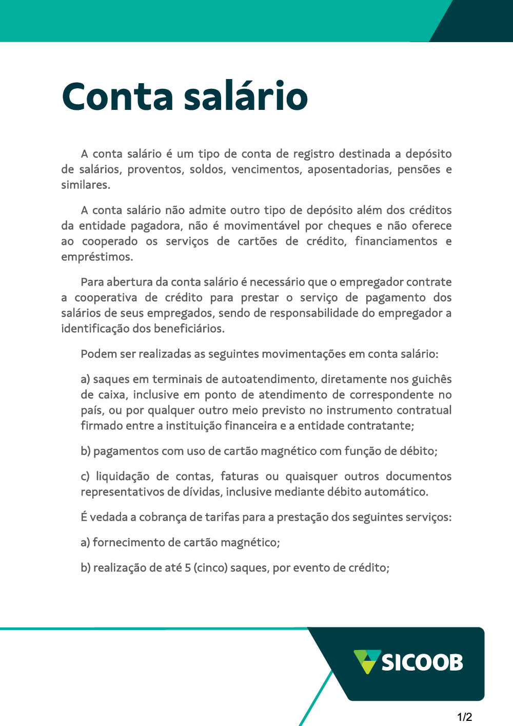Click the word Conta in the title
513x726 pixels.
click(x=117, y=97)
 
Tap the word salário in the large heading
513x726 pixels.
click(x=246, y=97)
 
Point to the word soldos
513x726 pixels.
click(x=208, y=169)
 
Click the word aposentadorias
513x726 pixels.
click(x=349, y=169)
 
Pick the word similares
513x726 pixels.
click(x=86, y=185)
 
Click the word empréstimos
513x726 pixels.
click(x=97, y=257)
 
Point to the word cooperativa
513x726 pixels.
click(x=106, y=298)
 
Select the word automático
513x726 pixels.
click(x=396, y=492)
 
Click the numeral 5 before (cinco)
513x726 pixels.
click(x=188, y=568)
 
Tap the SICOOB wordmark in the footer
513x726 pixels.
click(x=422, y=662)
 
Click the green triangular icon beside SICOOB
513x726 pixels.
click(x=367, y=661)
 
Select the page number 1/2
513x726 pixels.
click(x=464, y=717)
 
